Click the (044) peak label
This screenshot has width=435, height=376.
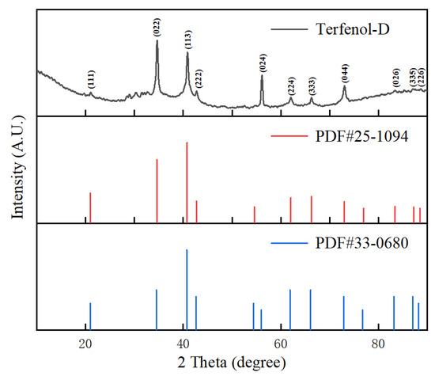pos(344,74)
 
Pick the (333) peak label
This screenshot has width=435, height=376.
pos(312,85)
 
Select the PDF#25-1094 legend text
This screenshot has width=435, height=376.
pos(361,137)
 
